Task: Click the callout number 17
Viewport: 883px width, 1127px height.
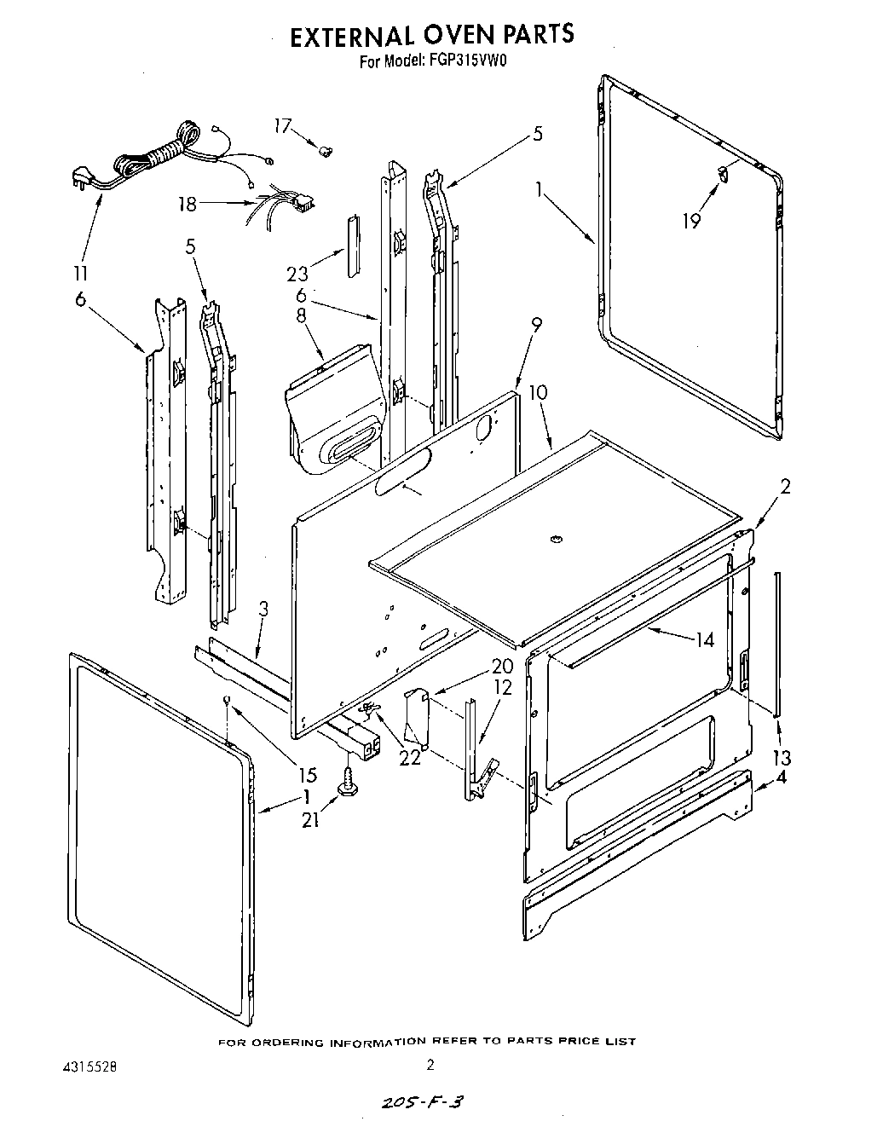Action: point(283,126)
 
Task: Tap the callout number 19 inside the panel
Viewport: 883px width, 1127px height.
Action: point(691,221)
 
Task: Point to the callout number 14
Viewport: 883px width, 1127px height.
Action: point(704,640)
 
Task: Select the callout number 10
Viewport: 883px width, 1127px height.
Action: point(538,393)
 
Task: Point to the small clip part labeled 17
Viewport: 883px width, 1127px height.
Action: point(324,151)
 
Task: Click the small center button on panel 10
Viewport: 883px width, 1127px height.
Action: point(555,538)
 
